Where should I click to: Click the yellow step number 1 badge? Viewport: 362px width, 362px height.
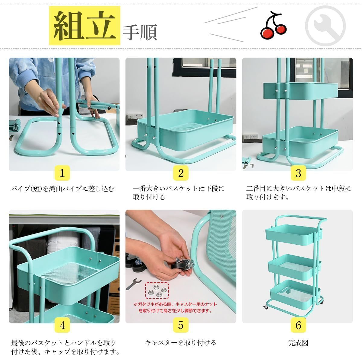click(x=62, y=173)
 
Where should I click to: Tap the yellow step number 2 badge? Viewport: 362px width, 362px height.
click(x=181, y=173)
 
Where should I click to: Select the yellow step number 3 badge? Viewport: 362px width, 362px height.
click(x=298, y=173)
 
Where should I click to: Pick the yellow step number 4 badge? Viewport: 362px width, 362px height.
click(x=62, y=325)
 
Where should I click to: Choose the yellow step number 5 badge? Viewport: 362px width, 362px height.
click(x=181, y=325)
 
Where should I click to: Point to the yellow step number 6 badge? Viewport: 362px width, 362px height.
click(x=298, y=325)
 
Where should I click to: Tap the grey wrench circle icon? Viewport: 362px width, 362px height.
click(x=325, y=26)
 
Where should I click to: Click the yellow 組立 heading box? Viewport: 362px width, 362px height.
click(x=84, y=26)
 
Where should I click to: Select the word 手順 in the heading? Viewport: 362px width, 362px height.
click(x=140, y=32)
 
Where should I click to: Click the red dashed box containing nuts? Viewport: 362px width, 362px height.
click(x=157, y=291)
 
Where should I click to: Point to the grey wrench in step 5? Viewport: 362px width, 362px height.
click(x=133, y=284)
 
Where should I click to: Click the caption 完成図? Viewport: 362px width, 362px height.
click(x=298, y=343)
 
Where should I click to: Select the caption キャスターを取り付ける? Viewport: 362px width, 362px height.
click(x=180, y=343)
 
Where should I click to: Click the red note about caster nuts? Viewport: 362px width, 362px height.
click(x=175, y=307)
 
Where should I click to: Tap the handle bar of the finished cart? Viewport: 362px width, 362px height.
click(x=301, y=219)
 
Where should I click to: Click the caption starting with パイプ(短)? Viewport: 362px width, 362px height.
click(x=62, y=189)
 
